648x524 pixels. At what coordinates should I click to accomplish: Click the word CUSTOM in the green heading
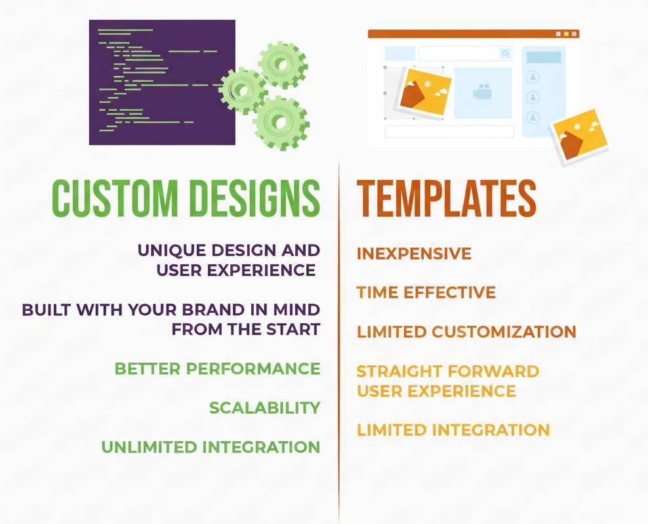[115, 197]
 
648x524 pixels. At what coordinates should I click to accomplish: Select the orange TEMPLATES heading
[446, 197]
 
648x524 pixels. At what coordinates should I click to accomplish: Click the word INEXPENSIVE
[414, 254]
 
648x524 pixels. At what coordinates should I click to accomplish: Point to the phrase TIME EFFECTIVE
[426, 292]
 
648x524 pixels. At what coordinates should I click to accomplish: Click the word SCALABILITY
[264, 408]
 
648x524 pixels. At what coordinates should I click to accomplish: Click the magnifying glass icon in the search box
[505, 54]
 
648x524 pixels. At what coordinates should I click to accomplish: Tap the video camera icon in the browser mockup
[483, 92]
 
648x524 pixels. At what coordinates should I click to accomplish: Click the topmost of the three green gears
[283, 64]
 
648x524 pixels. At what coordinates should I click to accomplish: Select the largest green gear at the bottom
[281, 123]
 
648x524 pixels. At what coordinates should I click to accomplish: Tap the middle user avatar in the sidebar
[533, 98]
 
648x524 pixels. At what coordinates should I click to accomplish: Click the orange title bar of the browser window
[472, 34]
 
